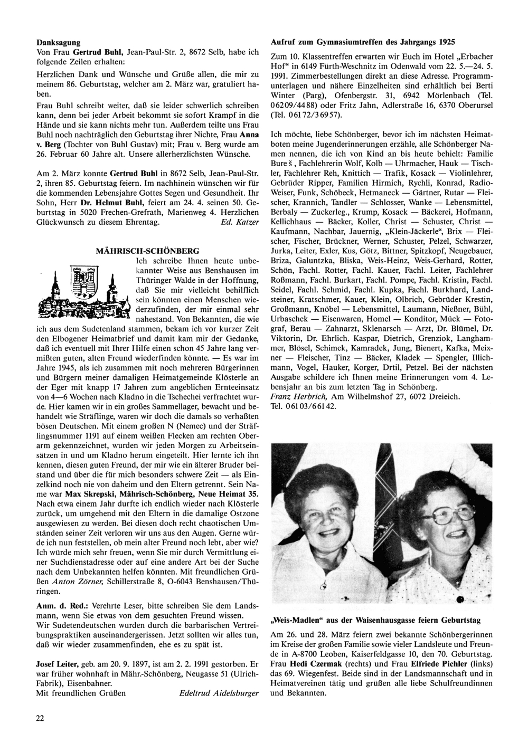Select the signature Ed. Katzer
(241, 222)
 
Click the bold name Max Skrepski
(89, 494)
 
